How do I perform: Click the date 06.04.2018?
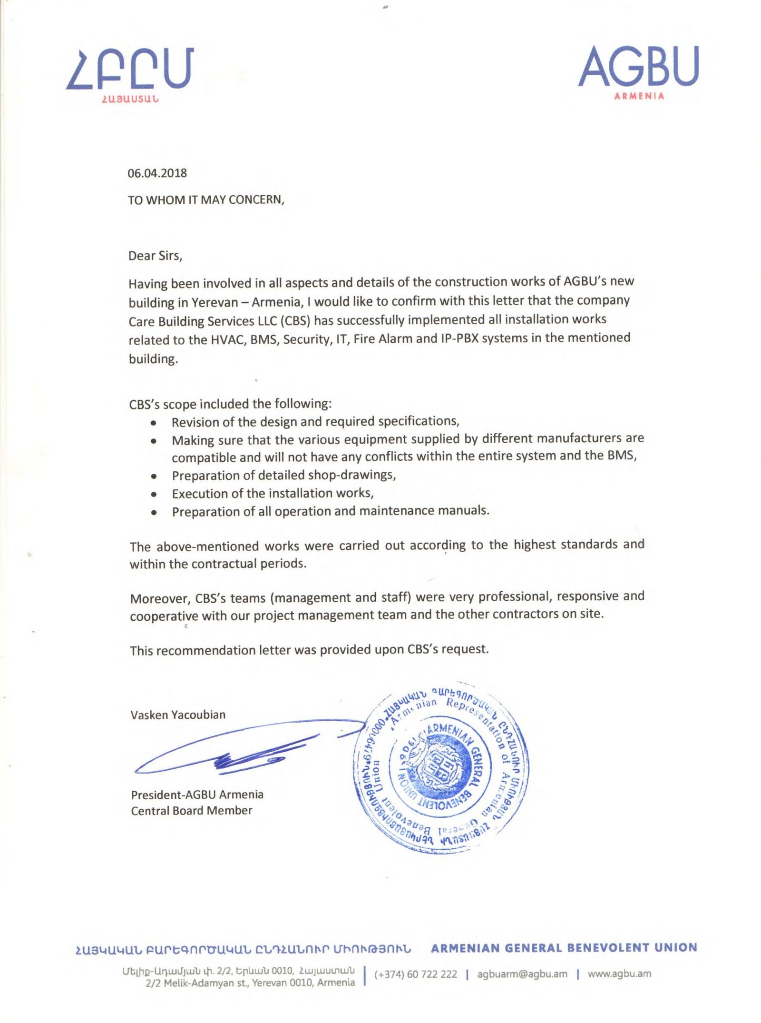(x=157, y=173)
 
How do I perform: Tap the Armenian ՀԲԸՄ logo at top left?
(x=130, y=74)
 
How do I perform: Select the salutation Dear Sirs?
(x=155, y=256)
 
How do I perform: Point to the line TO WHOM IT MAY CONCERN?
(x=205, y=200)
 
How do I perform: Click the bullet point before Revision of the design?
(x=153, y=423)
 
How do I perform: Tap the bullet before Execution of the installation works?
(x=153, y=494)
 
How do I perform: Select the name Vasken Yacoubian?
(x=178, y=715)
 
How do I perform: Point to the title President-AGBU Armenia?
(x=197, y=795)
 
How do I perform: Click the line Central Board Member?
(x=191, y=811)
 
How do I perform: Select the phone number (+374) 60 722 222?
(x=415, y=974)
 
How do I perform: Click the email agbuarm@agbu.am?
(x=522, y=974)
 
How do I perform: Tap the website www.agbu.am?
(x=619, y=974)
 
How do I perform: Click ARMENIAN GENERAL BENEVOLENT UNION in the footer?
(x=564, y=948)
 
